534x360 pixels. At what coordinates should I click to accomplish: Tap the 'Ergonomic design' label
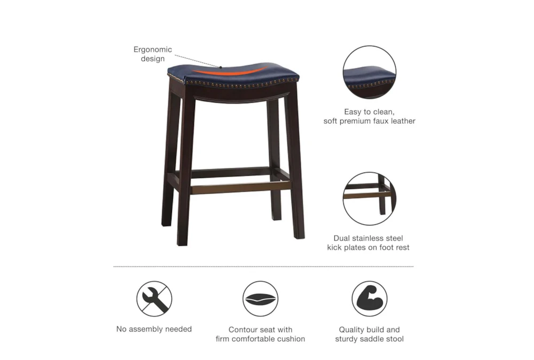pyautogui.click(x=153, y=54)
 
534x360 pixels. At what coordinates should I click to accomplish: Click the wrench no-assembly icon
pyautogui.click(x=154, y=299)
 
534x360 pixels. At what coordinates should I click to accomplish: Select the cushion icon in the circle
pyautogui.click(x=260, y=299)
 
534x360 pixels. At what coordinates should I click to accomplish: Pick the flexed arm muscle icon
pyautogui.click(x=369, y=299)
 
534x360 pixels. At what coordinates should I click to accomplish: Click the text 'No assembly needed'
pyautogui.click(x=154, y=329)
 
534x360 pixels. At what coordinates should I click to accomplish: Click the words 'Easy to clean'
pyautogui.click(x=369, y=112)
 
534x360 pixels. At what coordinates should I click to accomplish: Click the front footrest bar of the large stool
pyautogui.click(x=240, y=187)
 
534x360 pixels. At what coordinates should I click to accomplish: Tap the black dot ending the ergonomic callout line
pyautogui.click(x=220, y=67)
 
